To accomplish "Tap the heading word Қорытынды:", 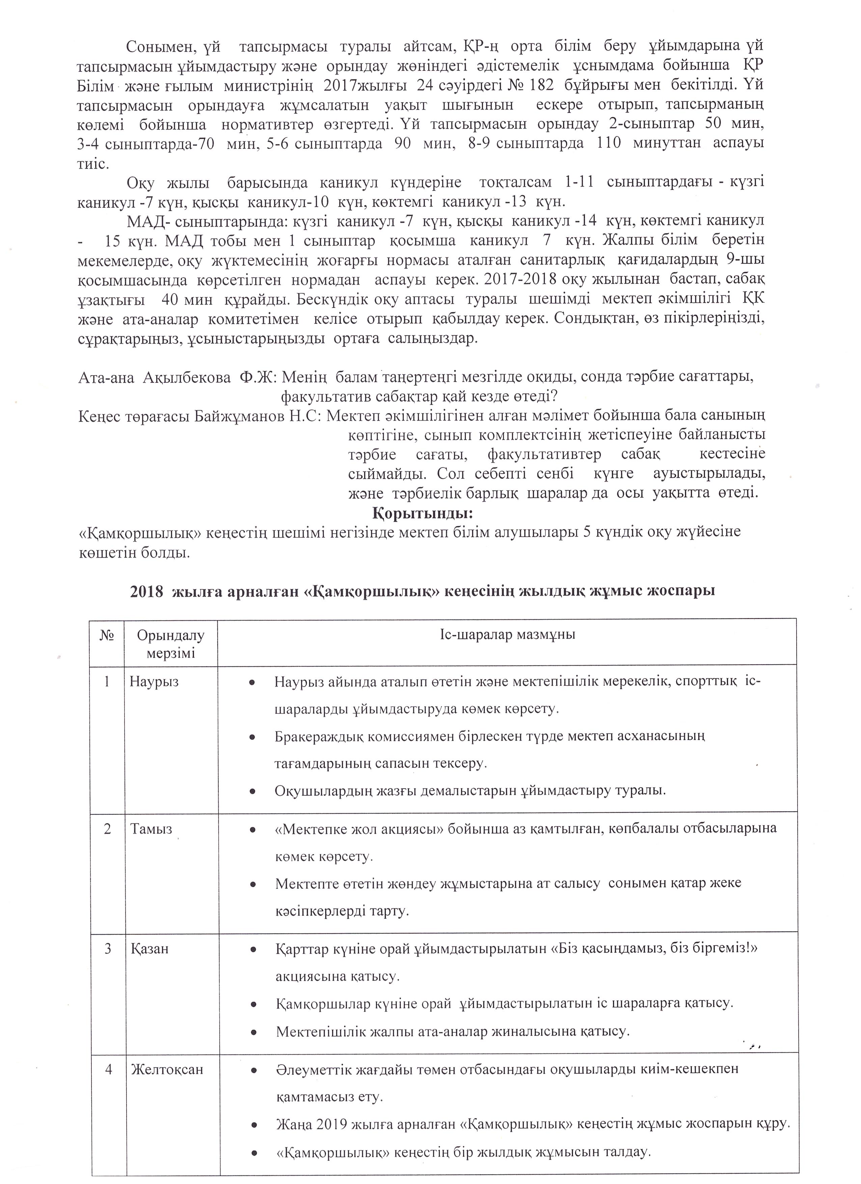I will pyautogui.click(x=423, y=513).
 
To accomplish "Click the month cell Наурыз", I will pyautogui.click(x=154, y=682).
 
